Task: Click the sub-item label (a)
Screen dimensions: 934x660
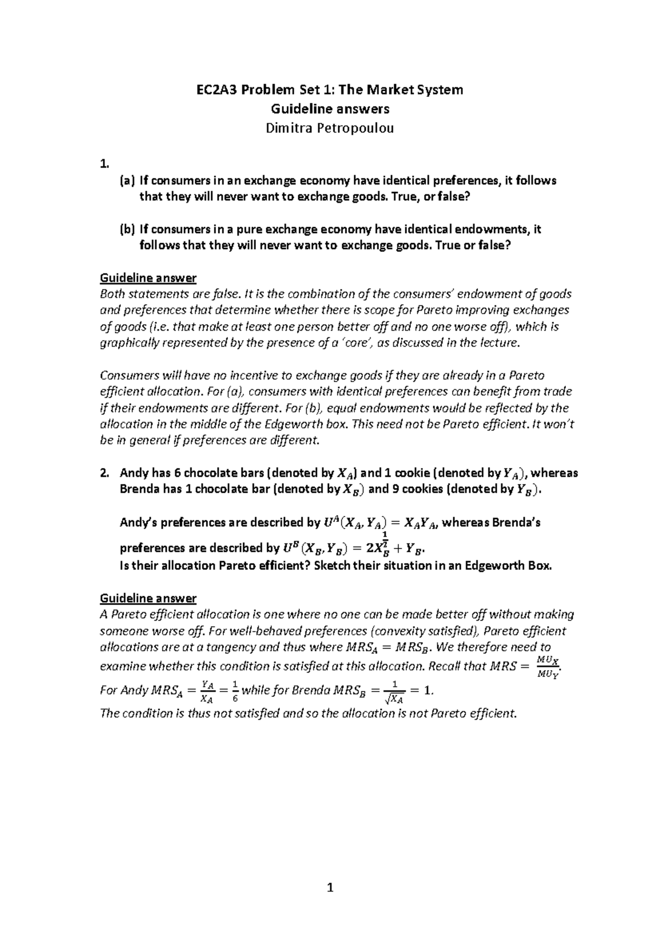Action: click(x=127, y=180)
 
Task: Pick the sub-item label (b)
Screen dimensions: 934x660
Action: click(x=127, y=229)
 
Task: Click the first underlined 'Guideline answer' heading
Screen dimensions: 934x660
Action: click(x=148, y=277)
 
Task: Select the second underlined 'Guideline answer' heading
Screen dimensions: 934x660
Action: click(x=148, y=598)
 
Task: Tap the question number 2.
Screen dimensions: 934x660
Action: click(x=105, y=473)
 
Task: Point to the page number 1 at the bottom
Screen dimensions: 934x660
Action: click(x=330, y=888)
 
